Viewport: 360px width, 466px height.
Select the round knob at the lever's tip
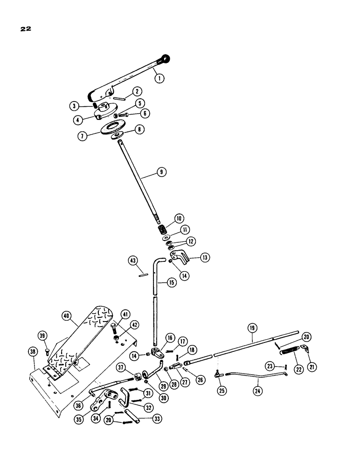point(165,58)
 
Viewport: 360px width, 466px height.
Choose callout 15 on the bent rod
point(160,283)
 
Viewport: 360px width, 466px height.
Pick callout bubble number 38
point(32,353)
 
